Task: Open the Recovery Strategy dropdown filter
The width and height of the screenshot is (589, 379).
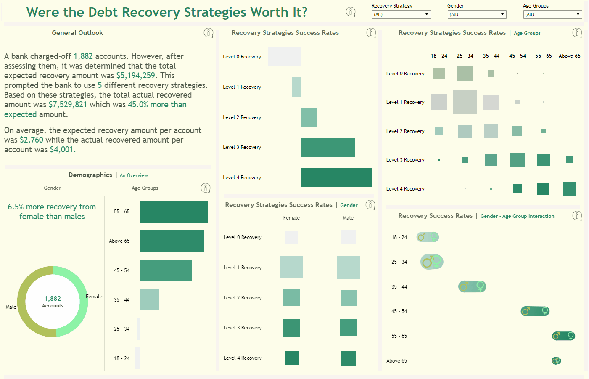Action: point(401,14)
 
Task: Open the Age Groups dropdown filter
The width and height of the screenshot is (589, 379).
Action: point(552,14)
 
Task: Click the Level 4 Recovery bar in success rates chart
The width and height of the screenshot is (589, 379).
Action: point(336,178)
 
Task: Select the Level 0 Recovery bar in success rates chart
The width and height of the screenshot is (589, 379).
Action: point(284,57)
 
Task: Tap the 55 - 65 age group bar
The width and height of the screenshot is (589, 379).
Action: point(174,212)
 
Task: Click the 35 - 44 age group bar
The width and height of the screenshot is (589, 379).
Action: point(150,299)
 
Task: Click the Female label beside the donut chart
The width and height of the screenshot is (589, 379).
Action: point(94,297)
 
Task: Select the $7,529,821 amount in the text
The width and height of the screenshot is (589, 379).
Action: point(68,105)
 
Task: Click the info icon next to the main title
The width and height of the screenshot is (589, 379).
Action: point(351,12)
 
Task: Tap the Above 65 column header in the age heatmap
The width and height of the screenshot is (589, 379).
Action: point(569,56)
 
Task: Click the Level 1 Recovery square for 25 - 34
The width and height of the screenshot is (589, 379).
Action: point(465,102)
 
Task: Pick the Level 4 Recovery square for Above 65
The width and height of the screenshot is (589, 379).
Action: point(569,189)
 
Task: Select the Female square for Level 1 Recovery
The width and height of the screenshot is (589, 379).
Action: point(291,268)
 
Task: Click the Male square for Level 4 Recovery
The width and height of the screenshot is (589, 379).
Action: point(348,358)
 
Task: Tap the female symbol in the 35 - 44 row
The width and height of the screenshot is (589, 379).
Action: point(480,286)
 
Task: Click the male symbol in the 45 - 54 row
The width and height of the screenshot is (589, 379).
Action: point(526,311)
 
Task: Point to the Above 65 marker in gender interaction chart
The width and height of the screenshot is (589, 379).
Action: point(556,360)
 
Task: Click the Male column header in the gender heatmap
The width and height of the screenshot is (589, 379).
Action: point(348,218)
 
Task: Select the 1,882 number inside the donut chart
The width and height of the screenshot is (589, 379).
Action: point(53,299)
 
